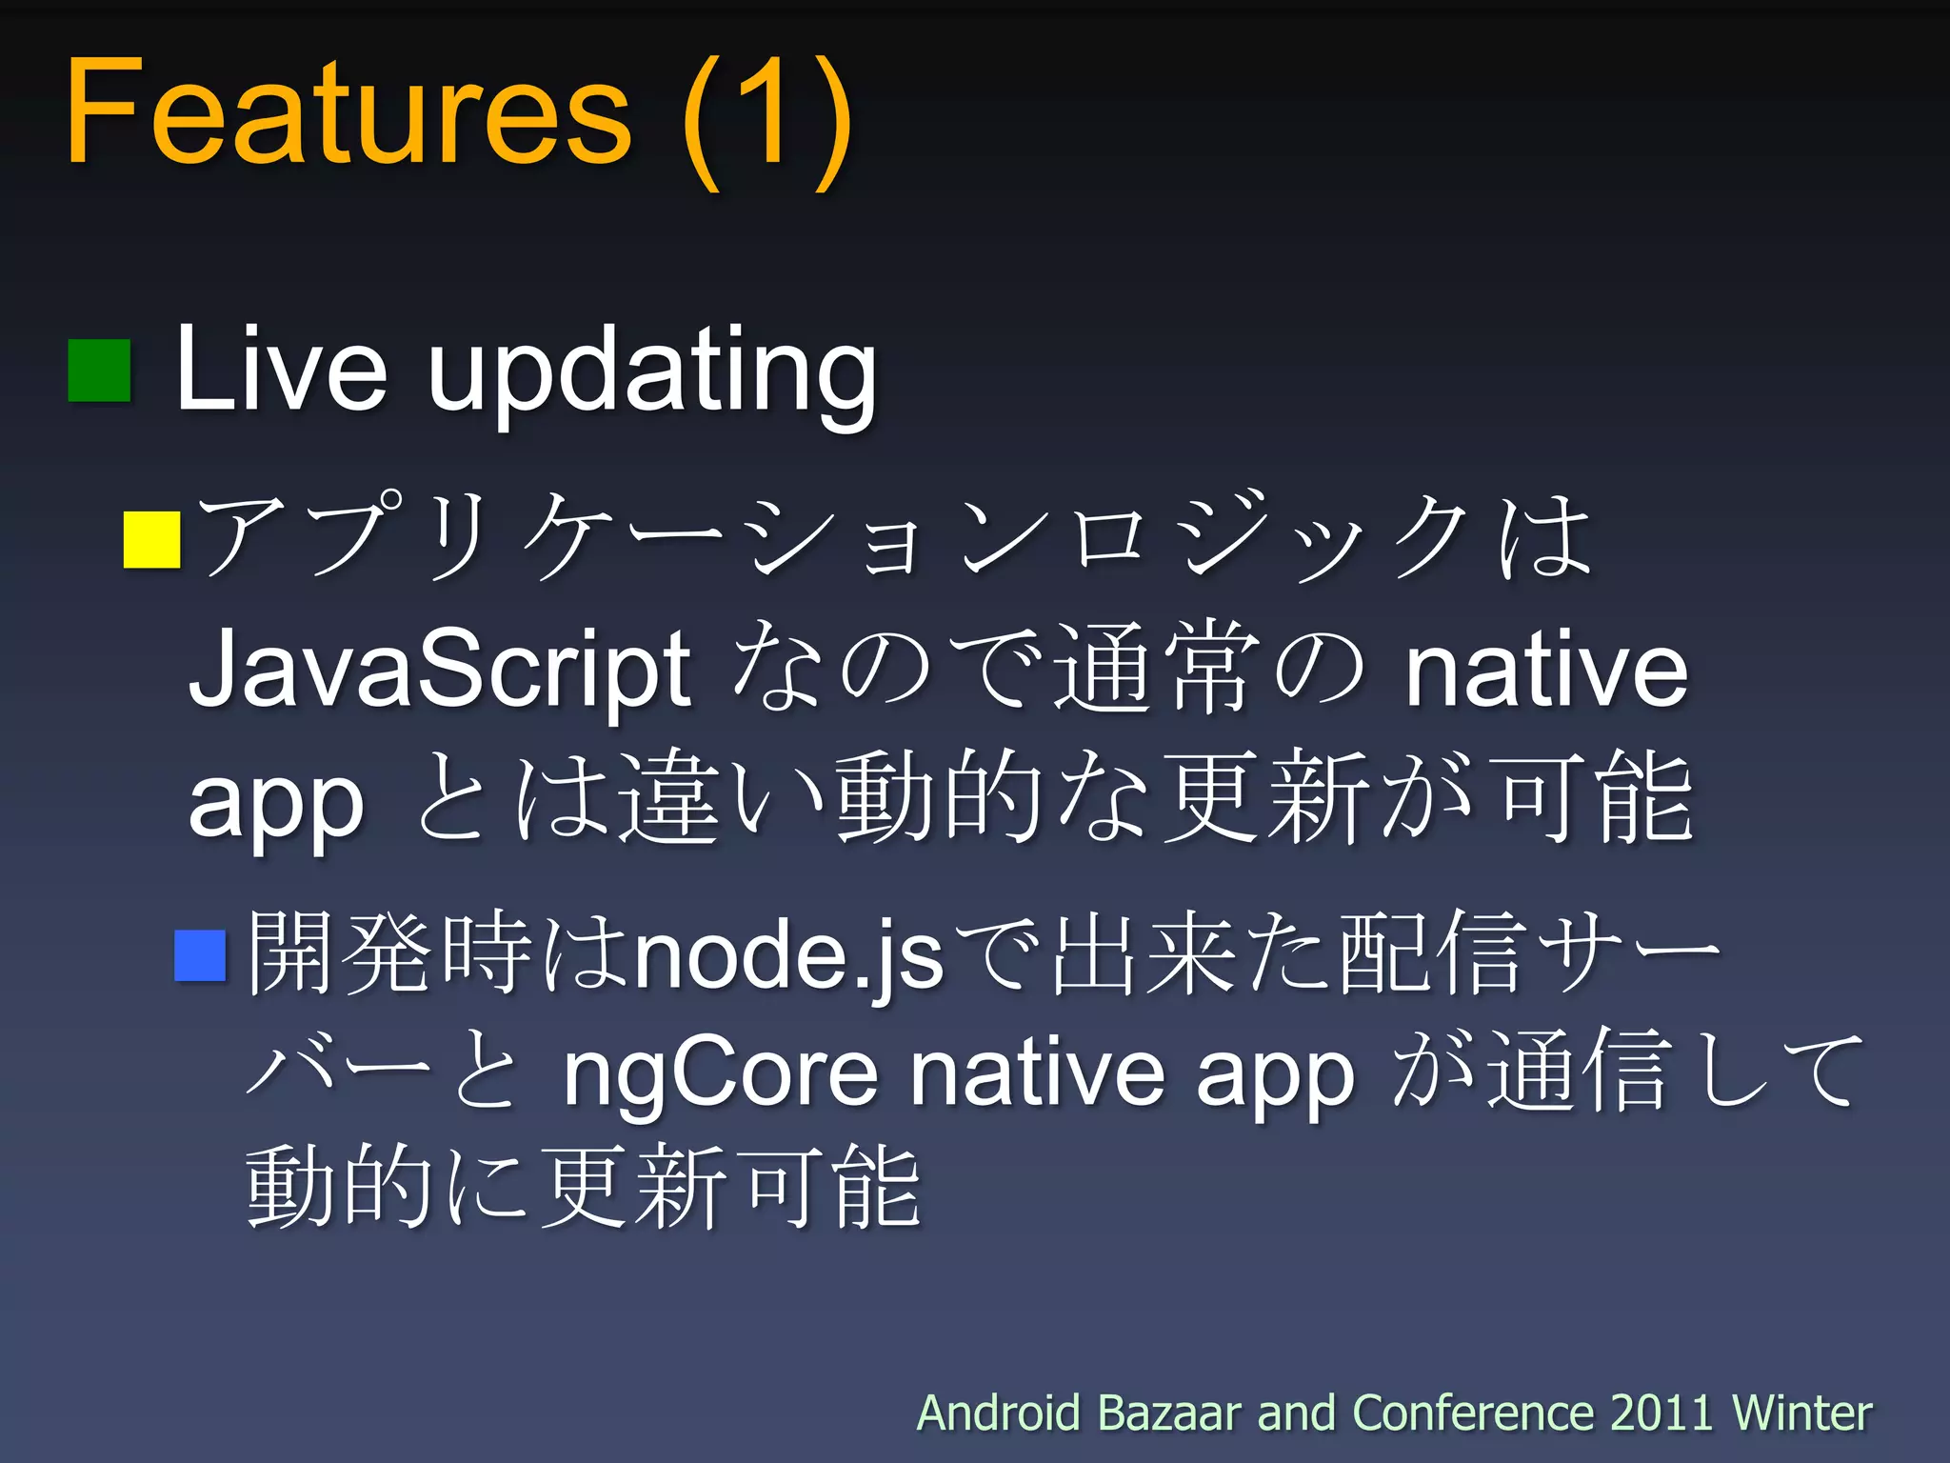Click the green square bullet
pos(99,371)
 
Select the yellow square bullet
pos(151,540)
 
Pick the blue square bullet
pos(200,955)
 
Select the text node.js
pos(788,955)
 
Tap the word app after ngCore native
pos(1275,1076)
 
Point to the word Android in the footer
pos(998,1413)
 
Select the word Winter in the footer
pos(1801,1413)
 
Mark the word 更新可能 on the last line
pos(731,1188)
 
